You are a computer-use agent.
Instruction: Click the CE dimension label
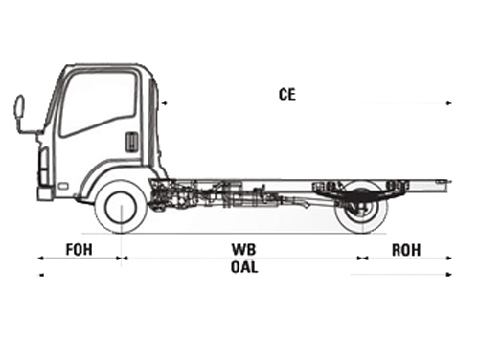(286, 94)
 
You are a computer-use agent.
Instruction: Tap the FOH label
(80, 250)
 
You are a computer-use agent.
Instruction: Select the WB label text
(243, 250)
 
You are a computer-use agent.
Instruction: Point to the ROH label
(406, 250)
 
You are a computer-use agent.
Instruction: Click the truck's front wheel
(121, 207)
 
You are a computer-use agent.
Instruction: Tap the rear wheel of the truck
(362, 207)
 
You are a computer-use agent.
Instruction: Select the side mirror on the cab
(19, 107)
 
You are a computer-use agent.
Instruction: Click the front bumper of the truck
(45, 192)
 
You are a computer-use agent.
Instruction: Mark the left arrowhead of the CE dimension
(164, 101)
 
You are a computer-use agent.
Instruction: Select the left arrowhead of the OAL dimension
(40, 276)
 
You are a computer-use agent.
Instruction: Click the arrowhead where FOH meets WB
(121, 258)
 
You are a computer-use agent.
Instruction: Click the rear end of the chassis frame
(447, 181)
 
